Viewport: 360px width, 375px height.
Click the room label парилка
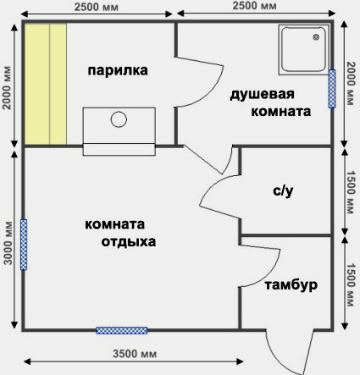tap(118, 70)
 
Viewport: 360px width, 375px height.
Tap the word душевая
tap(262, 95)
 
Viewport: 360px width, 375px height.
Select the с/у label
tap(283, 191)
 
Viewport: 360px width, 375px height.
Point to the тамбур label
tap(291, 285)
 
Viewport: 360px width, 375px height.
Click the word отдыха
tap(129, 242)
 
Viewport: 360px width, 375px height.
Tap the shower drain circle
tap(316, 37)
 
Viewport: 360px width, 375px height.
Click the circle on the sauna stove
tap(119, 119)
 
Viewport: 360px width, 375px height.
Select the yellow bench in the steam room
tap(46, 84)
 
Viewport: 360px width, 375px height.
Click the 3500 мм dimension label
tap(135, 354)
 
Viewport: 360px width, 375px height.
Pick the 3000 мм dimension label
tap(8, 243)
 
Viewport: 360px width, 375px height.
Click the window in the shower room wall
tap(332, 89)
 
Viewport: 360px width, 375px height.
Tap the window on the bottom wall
tap(122, 330)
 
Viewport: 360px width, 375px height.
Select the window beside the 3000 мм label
tap(24, 245)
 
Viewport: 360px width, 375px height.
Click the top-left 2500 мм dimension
tap(97, 7)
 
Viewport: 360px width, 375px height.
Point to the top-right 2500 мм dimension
tap(254, 6)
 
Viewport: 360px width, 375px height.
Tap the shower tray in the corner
tap(304, 50)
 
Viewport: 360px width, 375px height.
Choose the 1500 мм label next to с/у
tap(351, 192)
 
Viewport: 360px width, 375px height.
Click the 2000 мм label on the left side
tap(7, 88)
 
